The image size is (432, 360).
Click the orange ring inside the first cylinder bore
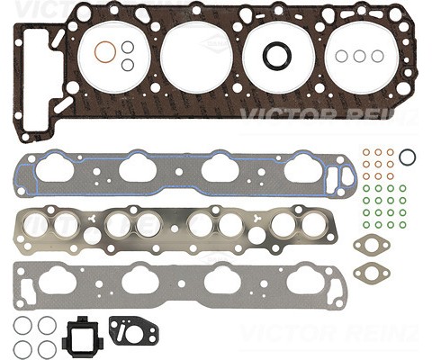[105, 53]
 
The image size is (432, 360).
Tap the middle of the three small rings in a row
[359, 56]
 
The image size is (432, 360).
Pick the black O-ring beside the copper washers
[407, 157]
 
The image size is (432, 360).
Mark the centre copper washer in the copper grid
[378, 165]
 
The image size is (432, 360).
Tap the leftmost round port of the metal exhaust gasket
[40, 225]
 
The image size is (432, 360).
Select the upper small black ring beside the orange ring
[128, 47]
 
